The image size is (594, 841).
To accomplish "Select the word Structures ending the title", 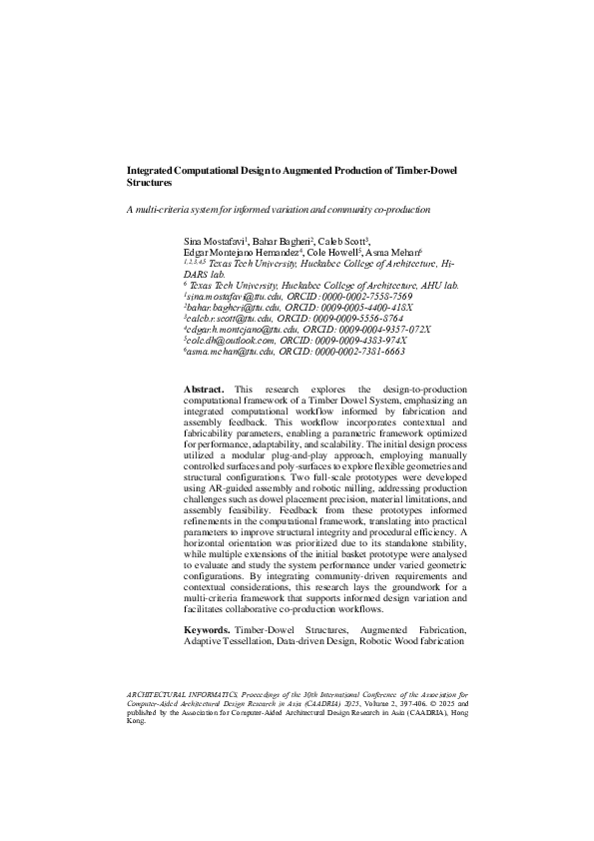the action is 149,184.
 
